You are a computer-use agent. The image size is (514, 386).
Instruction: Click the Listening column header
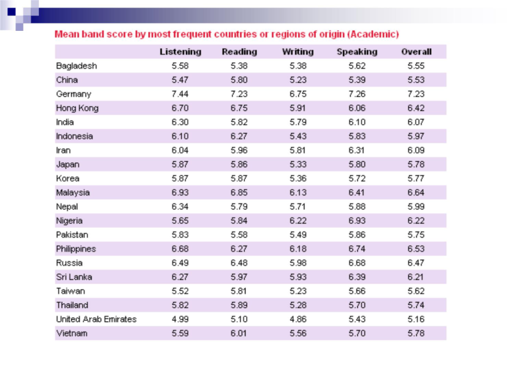(x=180, y=52)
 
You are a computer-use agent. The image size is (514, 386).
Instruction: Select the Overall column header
(x=416, y=52)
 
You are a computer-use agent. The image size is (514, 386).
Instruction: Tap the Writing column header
(x=298, y=52)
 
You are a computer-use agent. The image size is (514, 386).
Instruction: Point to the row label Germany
(x=74, y=94)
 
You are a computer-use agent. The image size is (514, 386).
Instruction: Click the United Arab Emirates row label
(x=96, y=319)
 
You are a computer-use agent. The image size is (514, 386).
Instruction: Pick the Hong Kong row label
(x=77, y=108)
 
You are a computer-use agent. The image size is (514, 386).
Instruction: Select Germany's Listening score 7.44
(x=180, y=94)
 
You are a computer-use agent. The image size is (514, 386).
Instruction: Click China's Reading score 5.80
(x=239, y=79)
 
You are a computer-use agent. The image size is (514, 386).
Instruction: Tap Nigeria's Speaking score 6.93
(x=357, y=221)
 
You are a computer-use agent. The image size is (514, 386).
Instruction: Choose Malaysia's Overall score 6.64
(x=416, y=192)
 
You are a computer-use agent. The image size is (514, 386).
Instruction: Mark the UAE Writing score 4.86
(x=298, y=319)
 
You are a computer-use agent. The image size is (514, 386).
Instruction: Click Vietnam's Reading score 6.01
(x=239, y=333)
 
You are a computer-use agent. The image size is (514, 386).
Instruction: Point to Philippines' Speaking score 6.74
(x=357, y=249)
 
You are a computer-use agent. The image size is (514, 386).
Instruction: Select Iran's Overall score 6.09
(x=416, y=150)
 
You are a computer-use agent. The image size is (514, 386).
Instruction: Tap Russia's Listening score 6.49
(x=180, y=263)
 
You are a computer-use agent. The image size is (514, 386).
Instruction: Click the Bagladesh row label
(x=77, y=66)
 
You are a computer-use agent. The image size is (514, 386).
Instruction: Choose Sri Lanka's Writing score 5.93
(x=298, y=277)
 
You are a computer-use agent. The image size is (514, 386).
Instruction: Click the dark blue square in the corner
(x=11, y=12)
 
